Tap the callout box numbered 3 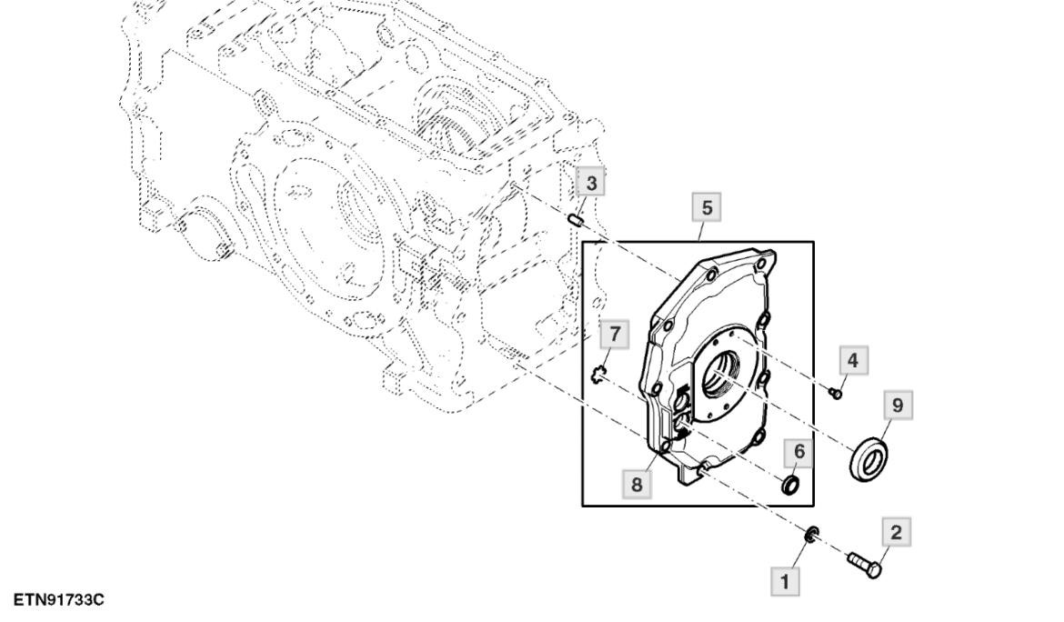591,184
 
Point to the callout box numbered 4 851,360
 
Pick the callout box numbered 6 798,450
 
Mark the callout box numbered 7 615,335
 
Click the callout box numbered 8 636,484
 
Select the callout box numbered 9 898,406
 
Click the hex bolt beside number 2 864,565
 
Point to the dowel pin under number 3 576,220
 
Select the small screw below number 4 837,392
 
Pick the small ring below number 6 792,485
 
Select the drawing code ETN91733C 59,600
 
